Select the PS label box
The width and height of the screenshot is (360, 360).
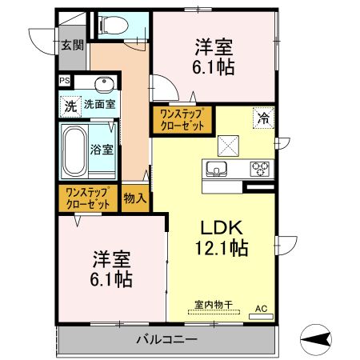tap(63, 80)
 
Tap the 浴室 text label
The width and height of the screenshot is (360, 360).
tap(102, 149)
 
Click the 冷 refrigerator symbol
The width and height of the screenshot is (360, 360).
tap(262, 118)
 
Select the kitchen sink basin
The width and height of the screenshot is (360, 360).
tap(217, 169)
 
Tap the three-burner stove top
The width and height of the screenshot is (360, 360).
tap(261, 169)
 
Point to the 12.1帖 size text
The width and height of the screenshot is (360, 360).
tap(218, 248)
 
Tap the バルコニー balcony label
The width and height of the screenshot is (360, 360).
tap(166, 341)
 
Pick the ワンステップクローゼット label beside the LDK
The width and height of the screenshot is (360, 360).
tap(182, 119)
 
